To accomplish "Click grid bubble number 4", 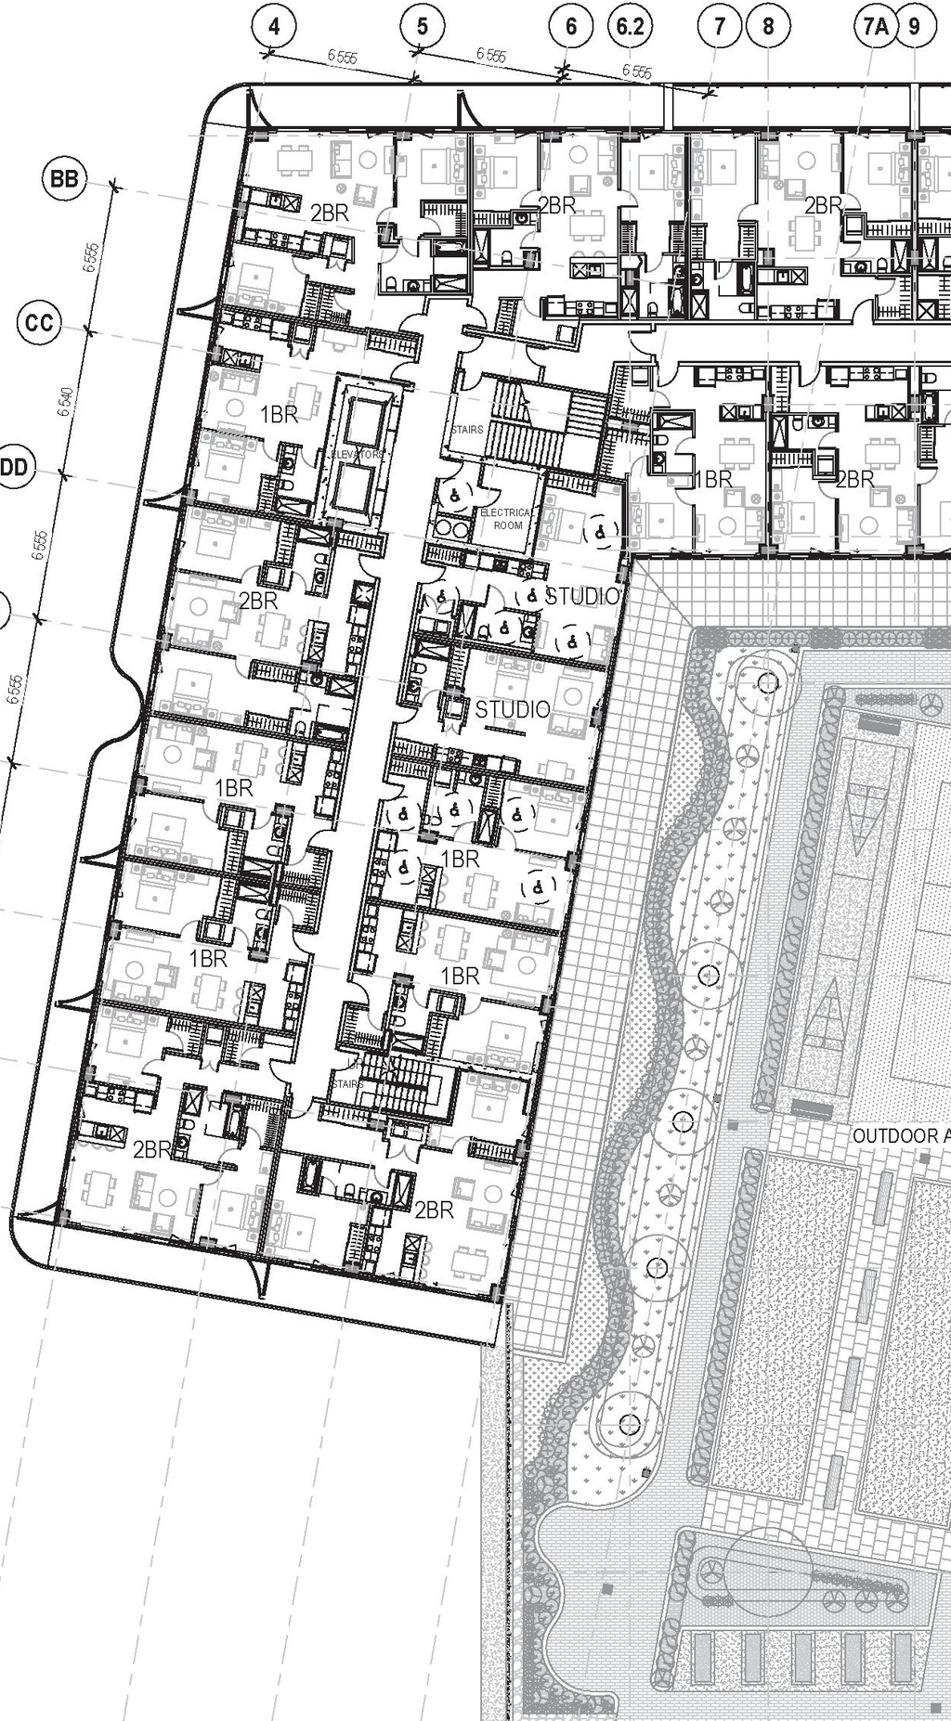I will coord(272,27).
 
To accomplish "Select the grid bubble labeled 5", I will coord(423,27).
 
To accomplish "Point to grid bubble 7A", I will coord(875,27).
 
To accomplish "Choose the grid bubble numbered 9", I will coord(916,27).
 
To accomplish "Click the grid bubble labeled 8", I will coord(768,27).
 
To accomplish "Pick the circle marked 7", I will coord(719,27).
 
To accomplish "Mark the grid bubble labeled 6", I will coord(570,27).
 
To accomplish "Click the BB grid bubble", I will coord(64,179).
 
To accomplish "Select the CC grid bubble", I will coord(39,323).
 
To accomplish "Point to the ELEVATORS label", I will coord(358,455).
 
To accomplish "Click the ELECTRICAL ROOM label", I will coord(506,518).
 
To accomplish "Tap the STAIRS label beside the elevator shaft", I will coord(467,430).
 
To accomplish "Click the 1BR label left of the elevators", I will coord(278,415).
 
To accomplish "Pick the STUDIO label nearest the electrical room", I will coord(581,596).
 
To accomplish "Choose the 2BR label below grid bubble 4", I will coord(330,213).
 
